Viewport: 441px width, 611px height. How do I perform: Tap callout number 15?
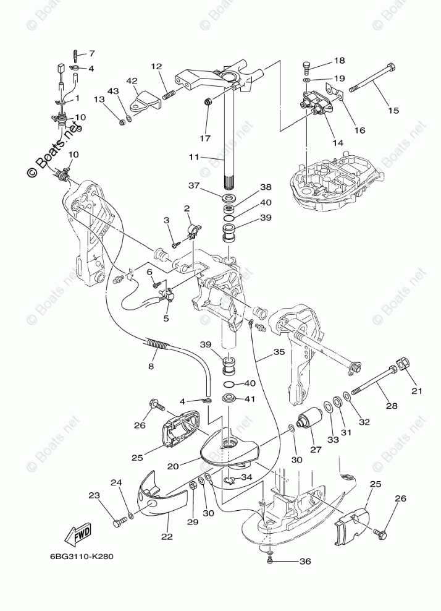point(393,111)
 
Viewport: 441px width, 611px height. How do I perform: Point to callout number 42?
point(132,81)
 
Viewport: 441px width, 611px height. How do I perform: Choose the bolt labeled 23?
point(118,523)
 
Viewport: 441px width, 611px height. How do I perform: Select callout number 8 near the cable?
point(151,366)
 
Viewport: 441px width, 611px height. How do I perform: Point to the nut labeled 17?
point(209,101)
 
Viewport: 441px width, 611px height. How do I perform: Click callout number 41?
point(248,399)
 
